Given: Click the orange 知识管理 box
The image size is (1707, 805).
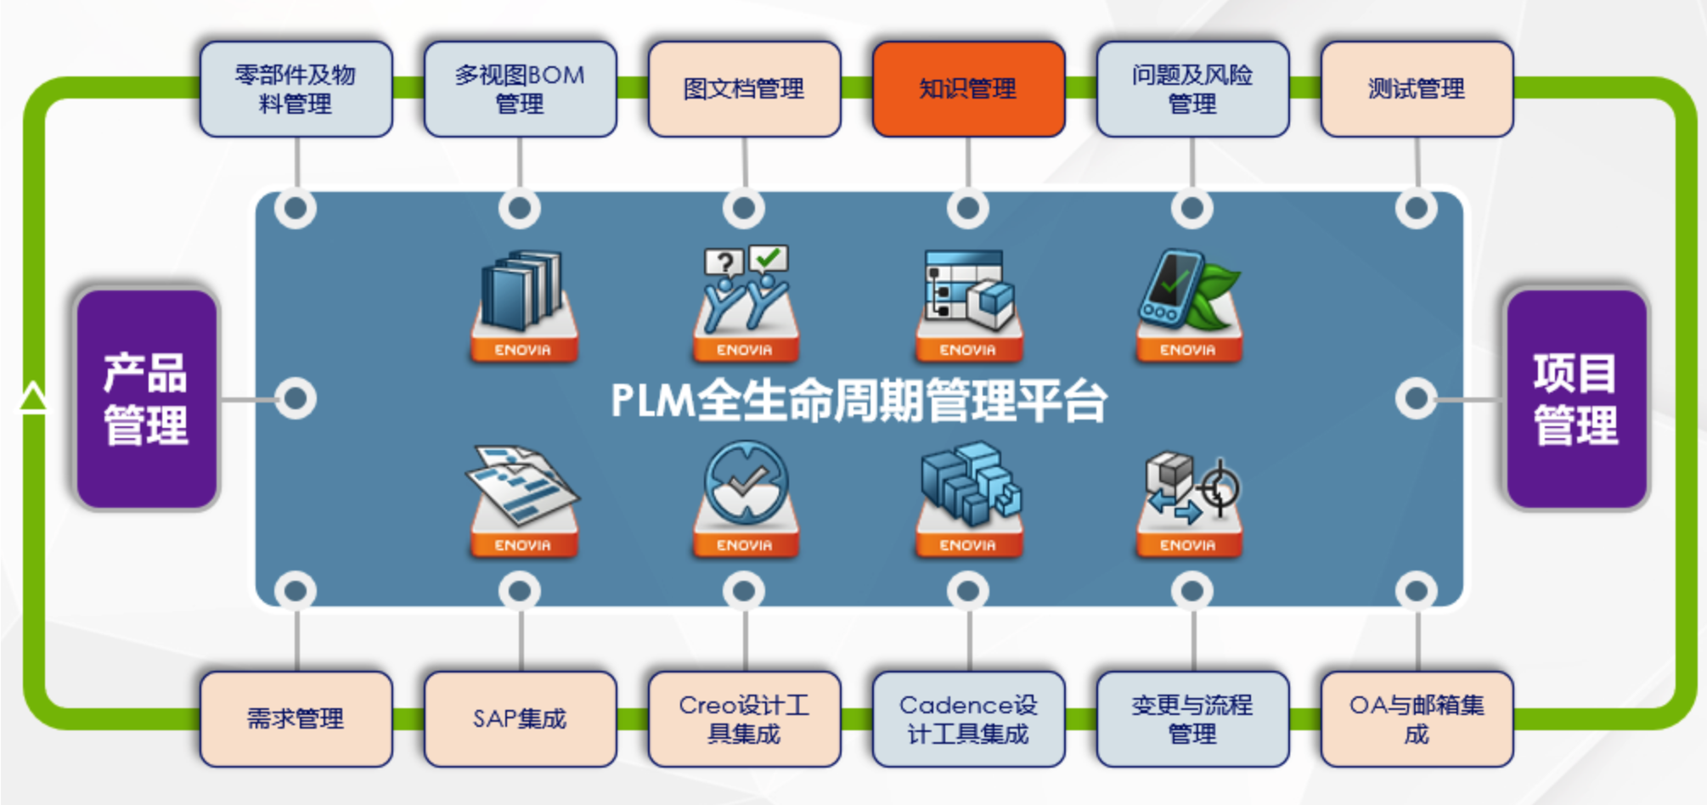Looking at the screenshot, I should (x=968, y=89).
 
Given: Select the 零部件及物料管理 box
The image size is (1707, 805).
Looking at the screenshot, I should (x=296, y=89).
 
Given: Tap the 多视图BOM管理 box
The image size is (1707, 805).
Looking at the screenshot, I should (x=520, y=89).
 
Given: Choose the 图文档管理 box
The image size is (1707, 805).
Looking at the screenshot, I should (x=744, y=89).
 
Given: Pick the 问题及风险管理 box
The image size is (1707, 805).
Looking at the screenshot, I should (x=1192, y=89).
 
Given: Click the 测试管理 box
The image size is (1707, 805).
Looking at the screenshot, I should (x=1417, y=89).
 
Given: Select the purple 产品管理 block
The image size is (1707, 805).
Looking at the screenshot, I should (x=146, y=399).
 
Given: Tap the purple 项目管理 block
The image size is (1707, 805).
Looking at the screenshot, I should (x=1576, y=399).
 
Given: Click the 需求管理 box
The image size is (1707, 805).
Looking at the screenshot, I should (x=296, y=718).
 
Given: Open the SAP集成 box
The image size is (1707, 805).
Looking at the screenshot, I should (x=520, y=718).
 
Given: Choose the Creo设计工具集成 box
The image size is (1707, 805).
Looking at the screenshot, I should (x=744, y=718).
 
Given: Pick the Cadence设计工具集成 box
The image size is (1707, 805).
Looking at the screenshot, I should (x=968, y=718).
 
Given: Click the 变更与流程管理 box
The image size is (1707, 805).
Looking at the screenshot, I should (x=1192, y=718).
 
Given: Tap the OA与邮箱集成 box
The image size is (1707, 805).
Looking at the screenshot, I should (x=1417, y=718).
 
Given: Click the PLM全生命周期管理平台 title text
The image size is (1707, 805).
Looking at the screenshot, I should (x=859, y=401).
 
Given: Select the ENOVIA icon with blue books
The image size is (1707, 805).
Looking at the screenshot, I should (x=523, y=306).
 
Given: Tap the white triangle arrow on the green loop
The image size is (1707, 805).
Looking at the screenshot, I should (x=34, y=397).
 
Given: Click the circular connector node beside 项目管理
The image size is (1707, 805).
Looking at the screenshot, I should (x=1416, y=398).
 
